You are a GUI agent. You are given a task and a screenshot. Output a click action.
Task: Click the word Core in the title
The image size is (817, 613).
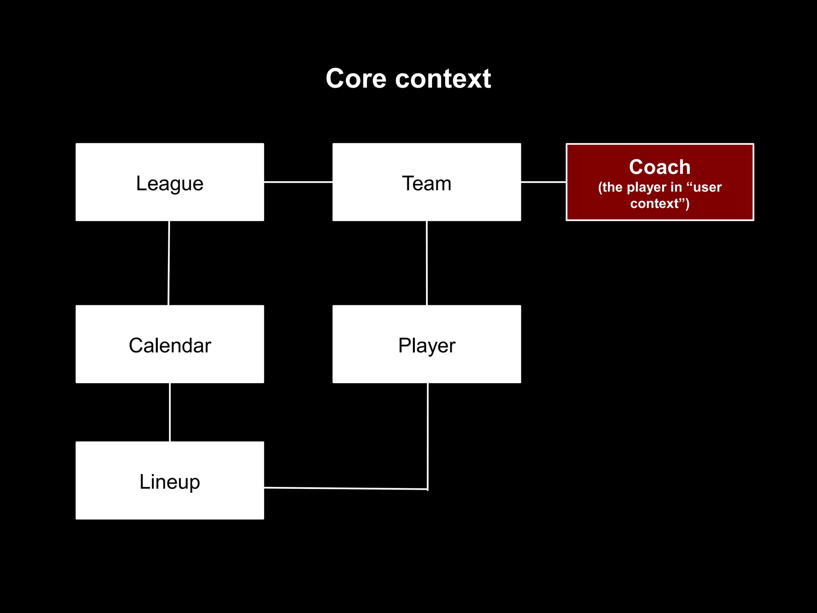pos(356,79)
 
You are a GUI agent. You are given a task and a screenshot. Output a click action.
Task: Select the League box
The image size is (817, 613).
pos(170,182)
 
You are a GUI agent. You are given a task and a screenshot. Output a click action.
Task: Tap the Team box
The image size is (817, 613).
pos(426,182)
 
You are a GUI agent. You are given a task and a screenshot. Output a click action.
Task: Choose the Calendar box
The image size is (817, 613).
pos(170,344)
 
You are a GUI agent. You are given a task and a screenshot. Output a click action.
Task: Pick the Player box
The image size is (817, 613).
pos(426,344)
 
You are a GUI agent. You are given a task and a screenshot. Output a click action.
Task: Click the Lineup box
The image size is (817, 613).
pos(170,480)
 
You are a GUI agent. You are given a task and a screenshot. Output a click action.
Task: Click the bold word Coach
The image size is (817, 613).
pos(659,167)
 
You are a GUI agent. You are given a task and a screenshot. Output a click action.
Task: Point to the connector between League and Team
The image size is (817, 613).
pos(298,182)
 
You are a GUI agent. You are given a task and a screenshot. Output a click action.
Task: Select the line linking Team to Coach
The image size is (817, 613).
pos(543,182)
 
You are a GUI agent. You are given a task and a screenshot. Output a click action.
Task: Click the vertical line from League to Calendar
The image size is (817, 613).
pos(169,263)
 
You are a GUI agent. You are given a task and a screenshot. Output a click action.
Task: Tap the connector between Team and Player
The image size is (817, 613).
pos(427,263)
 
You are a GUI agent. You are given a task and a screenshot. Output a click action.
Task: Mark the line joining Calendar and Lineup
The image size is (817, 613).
pos(170,412)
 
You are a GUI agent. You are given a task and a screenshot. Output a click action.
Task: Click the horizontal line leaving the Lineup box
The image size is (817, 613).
pos(345,488)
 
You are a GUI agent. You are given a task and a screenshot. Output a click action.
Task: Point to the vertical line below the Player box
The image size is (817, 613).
pos(428,435)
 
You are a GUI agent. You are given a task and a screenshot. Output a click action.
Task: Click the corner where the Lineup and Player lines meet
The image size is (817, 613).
pos(428,489)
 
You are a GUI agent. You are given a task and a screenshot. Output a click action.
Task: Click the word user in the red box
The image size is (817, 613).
pos(707,187)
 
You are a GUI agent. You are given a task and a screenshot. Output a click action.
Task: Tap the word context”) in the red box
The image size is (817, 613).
pos(659,204)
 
